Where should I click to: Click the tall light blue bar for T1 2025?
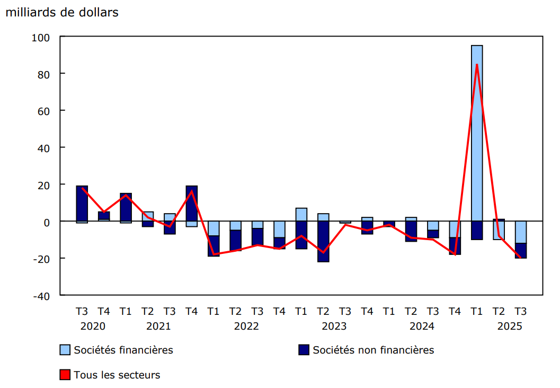click(477, 133)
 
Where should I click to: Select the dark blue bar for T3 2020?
click(82, 204)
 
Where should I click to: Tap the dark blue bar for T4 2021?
click(191, 204)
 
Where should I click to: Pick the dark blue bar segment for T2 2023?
click(323, 241)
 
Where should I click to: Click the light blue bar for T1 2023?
click(301, 215)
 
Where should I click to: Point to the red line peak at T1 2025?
click(477, 65)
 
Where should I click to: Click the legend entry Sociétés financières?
click(123, 350)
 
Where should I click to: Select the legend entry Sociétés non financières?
click(373, 350)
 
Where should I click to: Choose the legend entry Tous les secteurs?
click(117, 375)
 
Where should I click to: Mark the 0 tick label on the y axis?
click(47, 222)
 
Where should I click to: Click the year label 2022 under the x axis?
click(246, 326)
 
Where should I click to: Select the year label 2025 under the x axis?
click(510, 326)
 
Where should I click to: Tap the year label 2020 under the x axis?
click(93, 326)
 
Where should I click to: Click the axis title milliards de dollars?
click(62, 13)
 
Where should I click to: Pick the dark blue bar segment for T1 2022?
click(214, 246)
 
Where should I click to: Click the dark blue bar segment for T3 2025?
click(521, 251)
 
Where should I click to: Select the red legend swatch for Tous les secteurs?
click(65, 375)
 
